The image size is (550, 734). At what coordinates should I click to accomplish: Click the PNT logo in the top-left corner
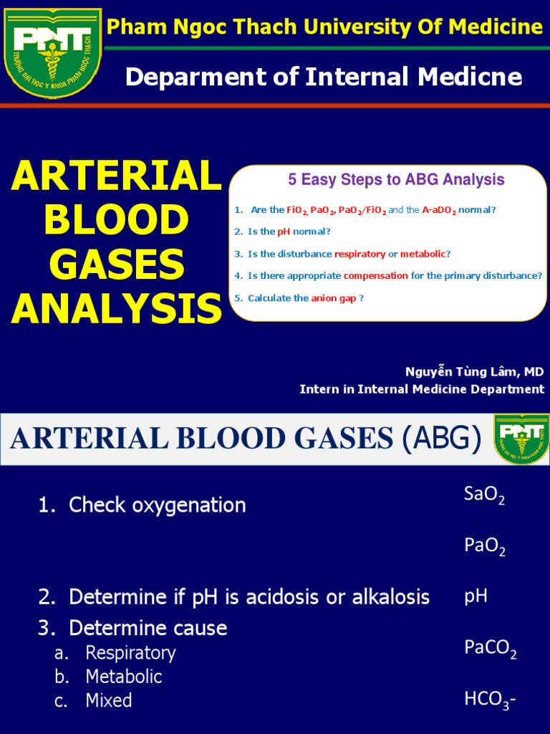pos(53,52)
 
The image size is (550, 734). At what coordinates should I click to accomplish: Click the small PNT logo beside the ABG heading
pos(521,439)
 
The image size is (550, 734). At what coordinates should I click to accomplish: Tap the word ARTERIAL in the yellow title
pos(116,176)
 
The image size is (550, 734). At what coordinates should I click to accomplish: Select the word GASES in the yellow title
pos(116,264)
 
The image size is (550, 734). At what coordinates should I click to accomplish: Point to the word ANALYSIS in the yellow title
pos(116,309)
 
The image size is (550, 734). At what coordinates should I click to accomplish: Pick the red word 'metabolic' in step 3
pos(423,254)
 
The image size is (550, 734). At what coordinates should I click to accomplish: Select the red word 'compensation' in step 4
pos(375,275)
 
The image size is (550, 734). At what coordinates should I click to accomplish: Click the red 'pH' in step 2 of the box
pos(284,232)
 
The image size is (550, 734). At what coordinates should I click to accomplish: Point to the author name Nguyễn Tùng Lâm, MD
pos(474,371)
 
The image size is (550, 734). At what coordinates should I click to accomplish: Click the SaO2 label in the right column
pos(484,495)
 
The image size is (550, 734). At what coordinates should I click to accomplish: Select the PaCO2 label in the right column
pos(490,649)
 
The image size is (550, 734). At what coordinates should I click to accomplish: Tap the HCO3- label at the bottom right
pos(489,700)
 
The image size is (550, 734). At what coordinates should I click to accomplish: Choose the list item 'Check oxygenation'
pos(157,505)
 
